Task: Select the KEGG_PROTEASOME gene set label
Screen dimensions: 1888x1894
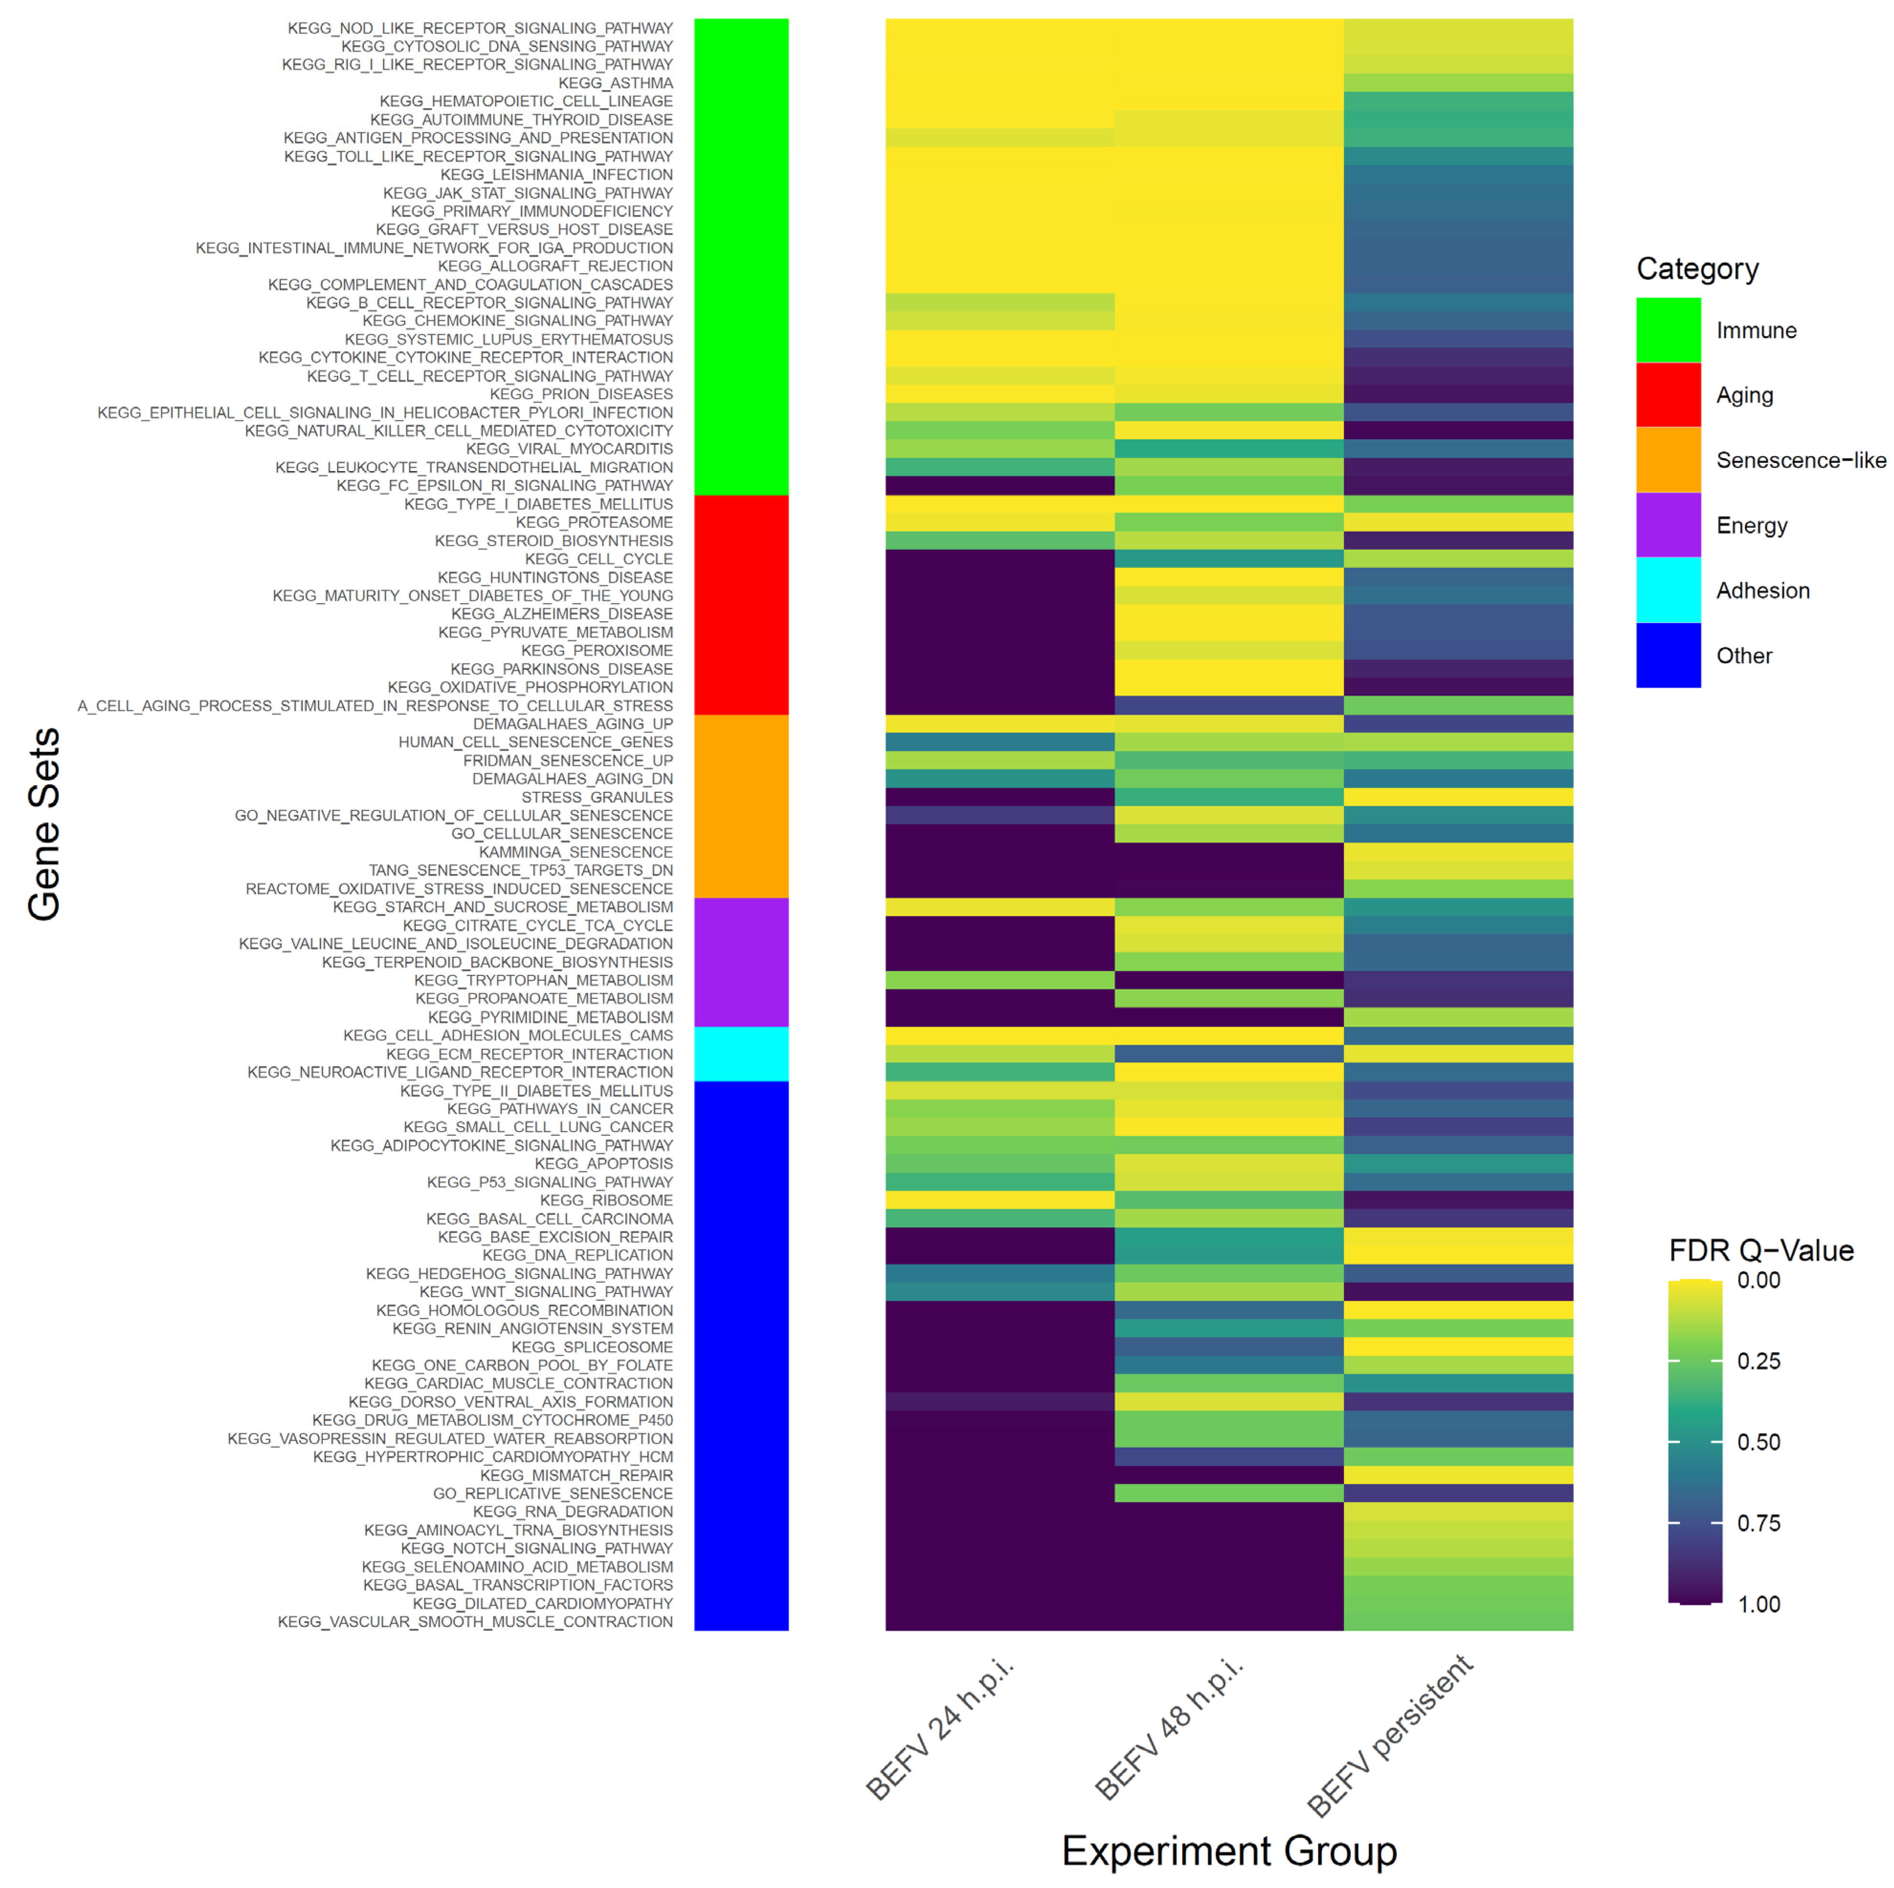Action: [594, 523]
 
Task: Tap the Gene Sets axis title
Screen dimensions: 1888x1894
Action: [44, 823]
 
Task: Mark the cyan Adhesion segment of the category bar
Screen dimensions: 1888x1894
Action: [741, 1054]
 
